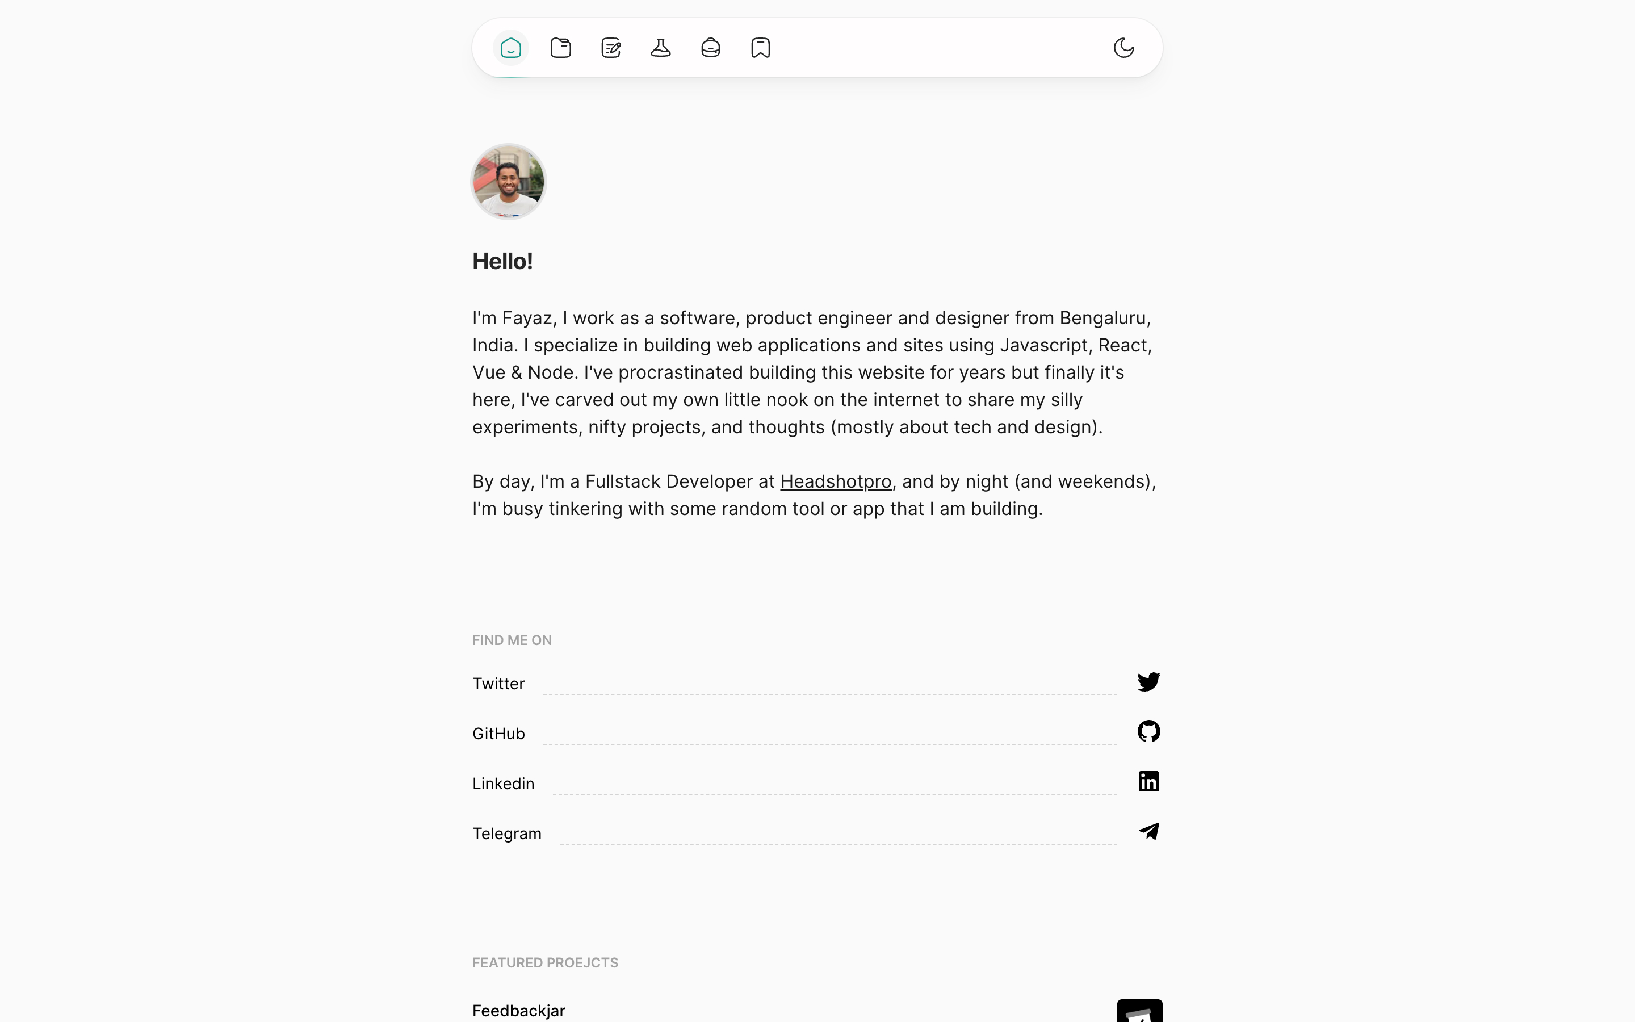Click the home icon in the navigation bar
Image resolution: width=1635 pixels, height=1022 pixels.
tap(511, 48)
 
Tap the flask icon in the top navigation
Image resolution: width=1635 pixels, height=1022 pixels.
tap(661, 48)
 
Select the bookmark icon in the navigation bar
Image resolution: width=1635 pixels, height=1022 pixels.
tap(761, 48)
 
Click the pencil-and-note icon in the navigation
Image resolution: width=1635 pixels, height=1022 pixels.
tap(611, 48)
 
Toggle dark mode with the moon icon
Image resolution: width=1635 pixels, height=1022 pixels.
tap(1123, 48)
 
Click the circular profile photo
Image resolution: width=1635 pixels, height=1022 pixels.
tap(508, 181)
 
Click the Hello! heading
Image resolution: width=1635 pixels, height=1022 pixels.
tap(502, 262)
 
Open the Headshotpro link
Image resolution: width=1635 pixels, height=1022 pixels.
tap(836, 481)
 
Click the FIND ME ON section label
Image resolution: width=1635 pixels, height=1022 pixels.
tap(512, 640)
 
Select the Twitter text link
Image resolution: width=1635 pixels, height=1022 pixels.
tap(498, 684)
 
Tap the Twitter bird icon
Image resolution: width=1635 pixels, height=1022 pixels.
tap(1148, 681)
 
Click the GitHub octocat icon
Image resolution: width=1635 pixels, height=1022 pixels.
tap(1148, 731)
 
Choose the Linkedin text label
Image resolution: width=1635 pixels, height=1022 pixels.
tap(504, 784)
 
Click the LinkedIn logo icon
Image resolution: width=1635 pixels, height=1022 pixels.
tap(1148, 781)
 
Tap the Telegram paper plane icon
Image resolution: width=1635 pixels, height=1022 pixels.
tap(1148, 831)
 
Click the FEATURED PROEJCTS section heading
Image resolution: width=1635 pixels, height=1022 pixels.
tap(545, 962)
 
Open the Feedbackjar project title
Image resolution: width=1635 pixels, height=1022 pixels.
tap(519, 1011)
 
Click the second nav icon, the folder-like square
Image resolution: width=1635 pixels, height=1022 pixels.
tap(561, 48)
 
